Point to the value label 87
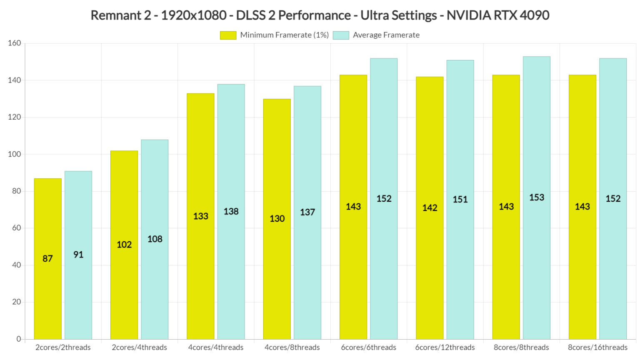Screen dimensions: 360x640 [47, 259]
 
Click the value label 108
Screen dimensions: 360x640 [155, 239]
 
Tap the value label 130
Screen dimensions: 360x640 [277, 219]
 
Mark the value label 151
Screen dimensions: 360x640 [460, 200]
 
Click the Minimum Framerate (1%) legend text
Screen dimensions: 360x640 [284, 35]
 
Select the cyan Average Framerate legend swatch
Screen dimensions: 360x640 [341, 35]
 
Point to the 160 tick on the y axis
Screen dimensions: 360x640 [14, 43]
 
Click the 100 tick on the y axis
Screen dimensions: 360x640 [14, 154]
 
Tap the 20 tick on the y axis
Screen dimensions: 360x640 [16, 302]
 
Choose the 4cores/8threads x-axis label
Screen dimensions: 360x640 [292, 347]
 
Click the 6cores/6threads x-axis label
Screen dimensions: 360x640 [368, 347]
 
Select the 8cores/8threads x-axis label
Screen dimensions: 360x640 [521, 347]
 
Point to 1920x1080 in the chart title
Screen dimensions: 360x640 [194, 15]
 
